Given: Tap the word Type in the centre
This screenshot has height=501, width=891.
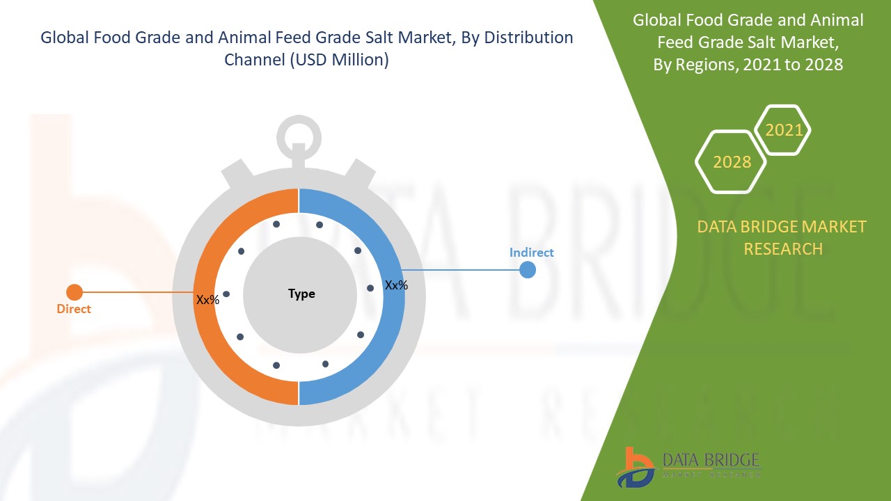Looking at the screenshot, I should [301, 294].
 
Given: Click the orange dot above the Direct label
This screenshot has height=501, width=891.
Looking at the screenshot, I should [74, 293].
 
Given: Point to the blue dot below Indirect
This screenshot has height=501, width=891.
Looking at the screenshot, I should [528, 270].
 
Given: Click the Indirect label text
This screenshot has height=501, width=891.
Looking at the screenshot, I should [531, 253].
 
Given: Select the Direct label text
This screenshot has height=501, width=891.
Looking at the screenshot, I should [74, 309].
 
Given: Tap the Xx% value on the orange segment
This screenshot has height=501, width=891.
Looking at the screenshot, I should [207, 300].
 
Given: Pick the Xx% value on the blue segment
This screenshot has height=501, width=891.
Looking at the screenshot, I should [396, 285].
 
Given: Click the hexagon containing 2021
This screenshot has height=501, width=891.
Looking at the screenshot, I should [783, 130].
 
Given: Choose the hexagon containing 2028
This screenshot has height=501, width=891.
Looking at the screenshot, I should [731, 162].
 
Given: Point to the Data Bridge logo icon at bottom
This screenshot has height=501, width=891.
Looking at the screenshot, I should [636, 467].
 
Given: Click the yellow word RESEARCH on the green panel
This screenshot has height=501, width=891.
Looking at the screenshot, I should [782, 248].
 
